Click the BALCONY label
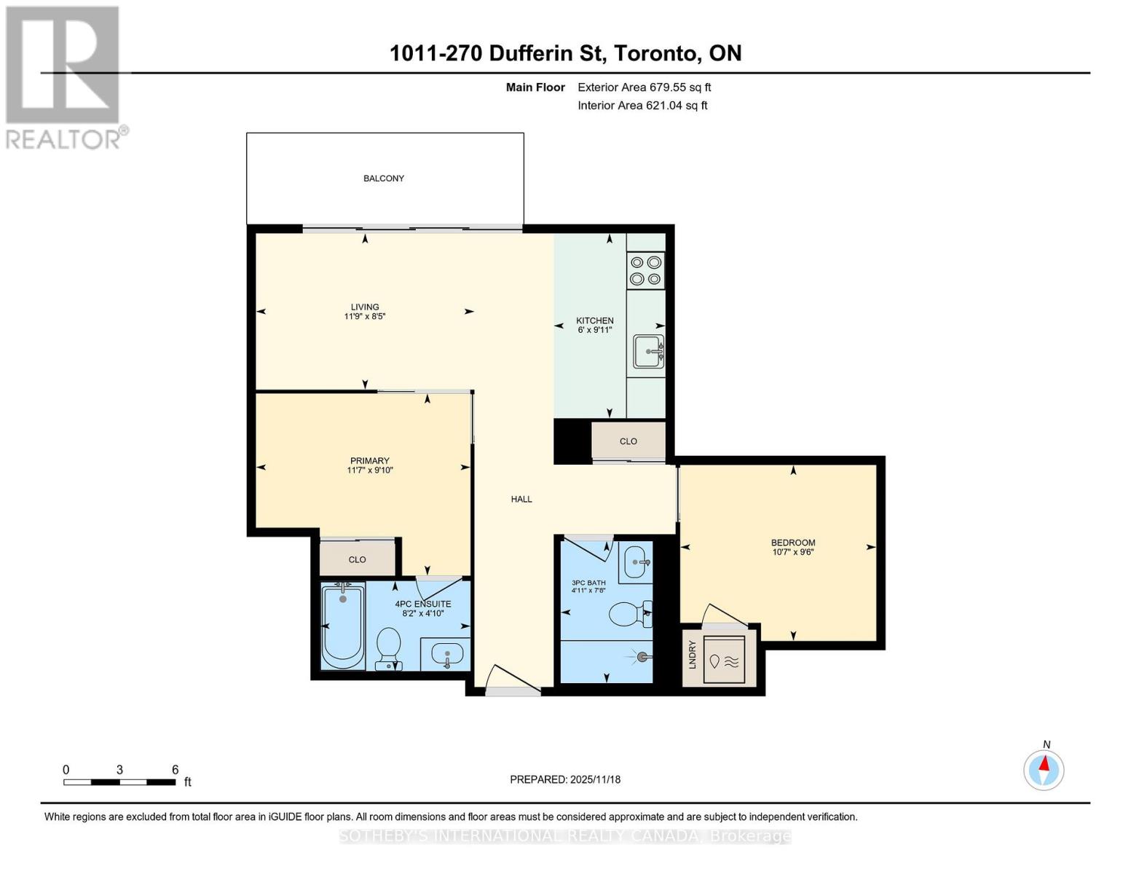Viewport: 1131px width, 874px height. pyautogui.click(x=384, y=178)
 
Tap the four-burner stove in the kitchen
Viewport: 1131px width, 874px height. pyautogui.click(x=645, y=270)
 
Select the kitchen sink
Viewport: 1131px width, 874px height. pyautogui.click(x=647, y=352)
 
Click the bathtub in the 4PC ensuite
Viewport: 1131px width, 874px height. pyautogui.click(x=343, y=626)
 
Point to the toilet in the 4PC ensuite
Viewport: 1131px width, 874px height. pyautogui.click(x=388, y=647)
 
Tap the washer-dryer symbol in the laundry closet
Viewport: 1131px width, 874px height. pyautogui.click(x=724, y=660)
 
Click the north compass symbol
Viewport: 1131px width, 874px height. pyautogui.click(x=1044, y=769)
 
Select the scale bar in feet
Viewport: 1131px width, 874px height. pyautogui.click(x=119, y=782)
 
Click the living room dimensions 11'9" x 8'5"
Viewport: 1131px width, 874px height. pyautogui.click(x=364, y=317)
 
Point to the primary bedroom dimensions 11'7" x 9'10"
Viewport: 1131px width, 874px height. pyautogui.click(x=370, y=471)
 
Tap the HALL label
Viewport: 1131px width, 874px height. pyautogui.click(x=521, y=500)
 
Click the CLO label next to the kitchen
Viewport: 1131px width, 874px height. pyautogui.click(x=628, y=441)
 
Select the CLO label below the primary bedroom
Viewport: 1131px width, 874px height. pyautogui.click(x=357, y=559)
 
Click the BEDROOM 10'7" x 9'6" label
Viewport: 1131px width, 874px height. pyautogui.click(x=793, y=547)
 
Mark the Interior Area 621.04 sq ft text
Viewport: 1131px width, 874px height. pyautogui.click(x=642, y=106)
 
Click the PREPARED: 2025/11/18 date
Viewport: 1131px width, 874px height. pyautogui.click(x=565, y=779)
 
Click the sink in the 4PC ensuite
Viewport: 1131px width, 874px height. pyautogui.click(x=446, y=653)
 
